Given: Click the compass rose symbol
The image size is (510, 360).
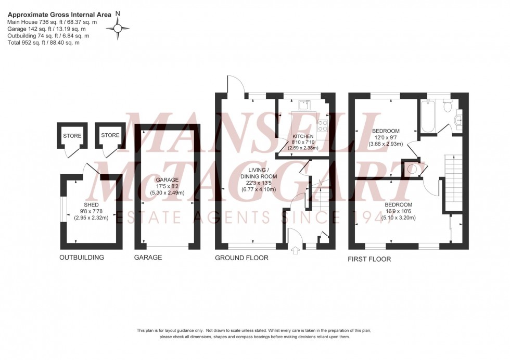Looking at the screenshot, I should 118,28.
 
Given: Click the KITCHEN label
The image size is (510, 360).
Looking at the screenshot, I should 302,137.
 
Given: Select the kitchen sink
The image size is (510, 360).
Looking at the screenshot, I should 303,106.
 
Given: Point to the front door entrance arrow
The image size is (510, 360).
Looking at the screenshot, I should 297,251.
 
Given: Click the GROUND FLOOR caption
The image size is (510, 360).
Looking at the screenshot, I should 242,258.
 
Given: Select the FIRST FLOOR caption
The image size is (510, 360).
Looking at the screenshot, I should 369,259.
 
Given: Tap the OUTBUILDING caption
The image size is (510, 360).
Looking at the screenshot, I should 82,258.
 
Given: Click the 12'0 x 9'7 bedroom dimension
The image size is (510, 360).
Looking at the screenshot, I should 386,137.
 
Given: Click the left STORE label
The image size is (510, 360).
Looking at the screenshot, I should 72,136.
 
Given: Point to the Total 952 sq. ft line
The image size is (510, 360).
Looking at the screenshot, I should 43,43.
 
